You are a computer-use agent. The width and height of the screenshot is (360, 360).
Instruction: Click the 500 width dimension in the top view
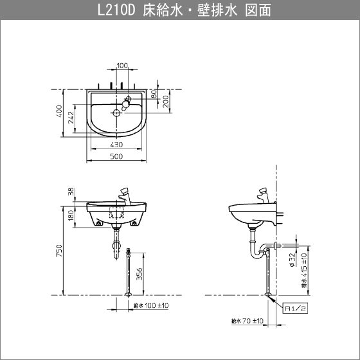(x=116, y=156)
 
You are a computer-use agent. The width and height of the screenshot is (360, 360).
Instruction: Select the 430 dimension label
(x=116, y=145)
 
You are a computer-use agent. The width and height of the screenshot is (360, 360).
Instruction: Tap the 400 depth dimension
(x=59, y=111)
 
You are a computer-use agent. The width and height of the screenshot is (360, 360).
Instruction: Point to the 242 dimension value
(x=71, y=117)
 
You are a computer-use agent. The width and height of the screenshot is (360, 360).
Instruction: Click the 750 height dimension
(x=59, y=251)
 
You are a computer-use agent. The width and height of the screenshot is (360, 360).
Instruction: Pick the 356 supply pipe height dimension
(x=139, y=274)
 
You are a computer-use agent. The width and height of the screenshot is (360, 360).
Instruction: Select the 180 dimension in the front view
(x=71, y=215)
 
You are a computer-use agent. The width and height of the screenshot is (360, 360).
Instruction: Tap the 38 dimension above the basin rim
(x=71, y=192)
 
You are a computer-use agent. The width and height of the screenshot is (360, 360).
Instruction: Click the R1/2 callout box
(x=295, y=309)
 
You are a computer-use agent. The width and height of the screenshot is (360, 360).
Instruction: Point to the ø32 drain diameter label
(x=292, y=260)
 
